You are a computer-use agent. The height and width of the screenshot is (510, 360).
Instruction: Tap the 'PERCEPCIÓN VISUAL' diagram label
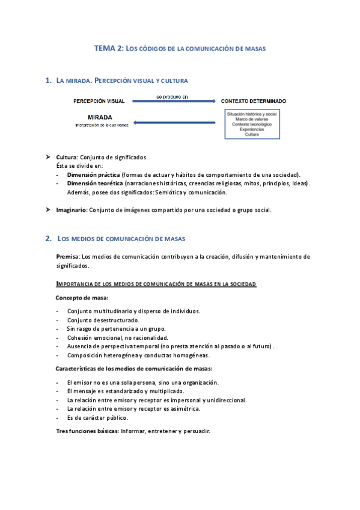point(99,101)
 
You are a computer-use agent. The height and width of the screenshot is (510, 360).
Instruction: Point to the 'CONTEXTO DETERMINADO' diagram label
point(254,101)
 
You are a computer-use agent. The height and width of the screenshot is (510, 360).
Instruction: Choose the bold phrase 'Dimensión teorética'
point(95,183)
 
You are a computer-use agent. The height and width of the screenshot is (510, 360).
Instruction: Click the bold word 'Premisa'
point(68,256)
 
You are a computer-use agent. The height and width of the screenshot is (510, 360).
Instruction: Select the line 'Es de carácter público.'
point(97,417)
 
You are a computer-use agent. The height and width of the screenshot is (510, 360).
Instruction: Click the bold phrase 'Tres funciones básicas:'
point(87,431)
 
